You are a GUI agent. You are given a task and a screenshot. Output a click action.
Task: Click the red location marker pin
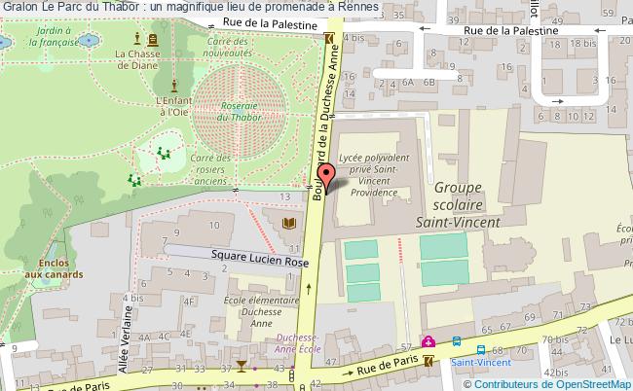tap(327, 174)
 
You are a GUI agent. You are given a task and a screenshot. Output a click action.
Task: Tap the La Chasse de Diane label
tap(136, 60)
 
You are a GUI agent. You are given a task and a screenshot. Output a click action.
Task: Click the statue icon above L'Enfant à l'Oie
tap(174, 84)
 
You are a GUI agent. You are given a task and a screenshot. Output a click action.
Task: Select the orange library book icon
tap(288, 225)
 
